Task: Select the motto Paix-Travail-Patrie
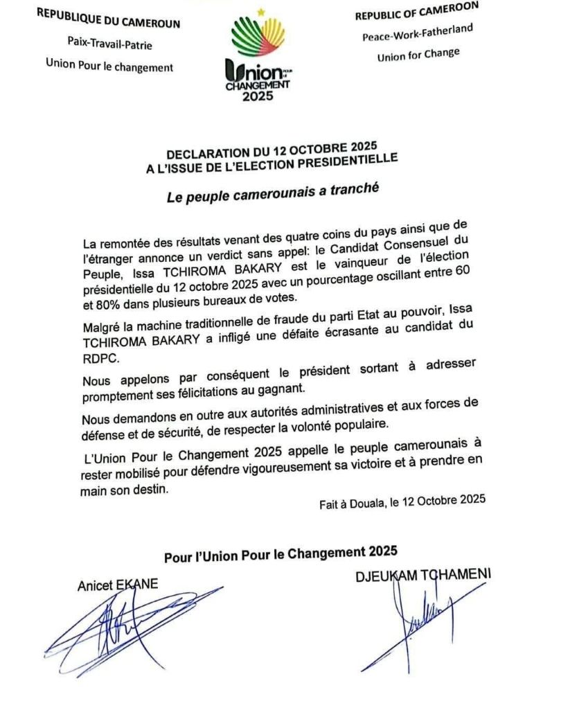point(109,44)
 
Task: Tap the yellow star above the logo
point(260,11)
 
